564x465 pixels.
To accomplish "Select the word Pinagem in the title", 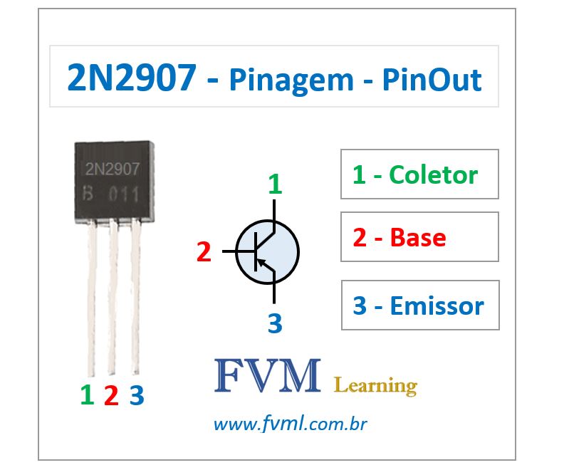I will [x=291, y=80].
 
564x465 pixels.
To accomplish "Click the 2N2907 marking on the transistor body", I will [x=113, y=169].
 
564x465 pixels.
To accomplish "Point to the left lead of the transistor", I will [x=90, y=299].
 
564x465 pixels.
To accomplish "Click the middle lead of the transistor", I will [x=112, y=299].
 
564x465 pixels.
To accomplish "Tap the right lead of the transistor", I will [x=135, y=299].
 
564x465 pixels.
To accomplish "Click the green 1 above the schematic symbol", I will [x=275, y=185].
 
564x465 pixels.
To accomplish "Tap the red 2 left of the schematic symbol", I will [x=204, y=252].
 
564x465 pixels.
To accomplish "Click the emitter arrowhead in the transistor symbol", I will [x=261, y=263].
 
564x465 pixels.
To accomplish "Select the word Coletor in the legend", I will [x=434, y=174].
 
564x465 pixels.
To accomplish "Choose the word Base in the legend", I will [x=418, y=237].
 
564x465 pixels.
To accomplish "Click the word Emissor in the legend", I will [x=437, y=305].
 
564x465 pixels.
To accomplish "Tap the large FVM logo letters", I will [x=267, y=376].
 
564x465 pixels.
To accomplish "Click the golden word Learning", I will [x=375, y=386].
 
